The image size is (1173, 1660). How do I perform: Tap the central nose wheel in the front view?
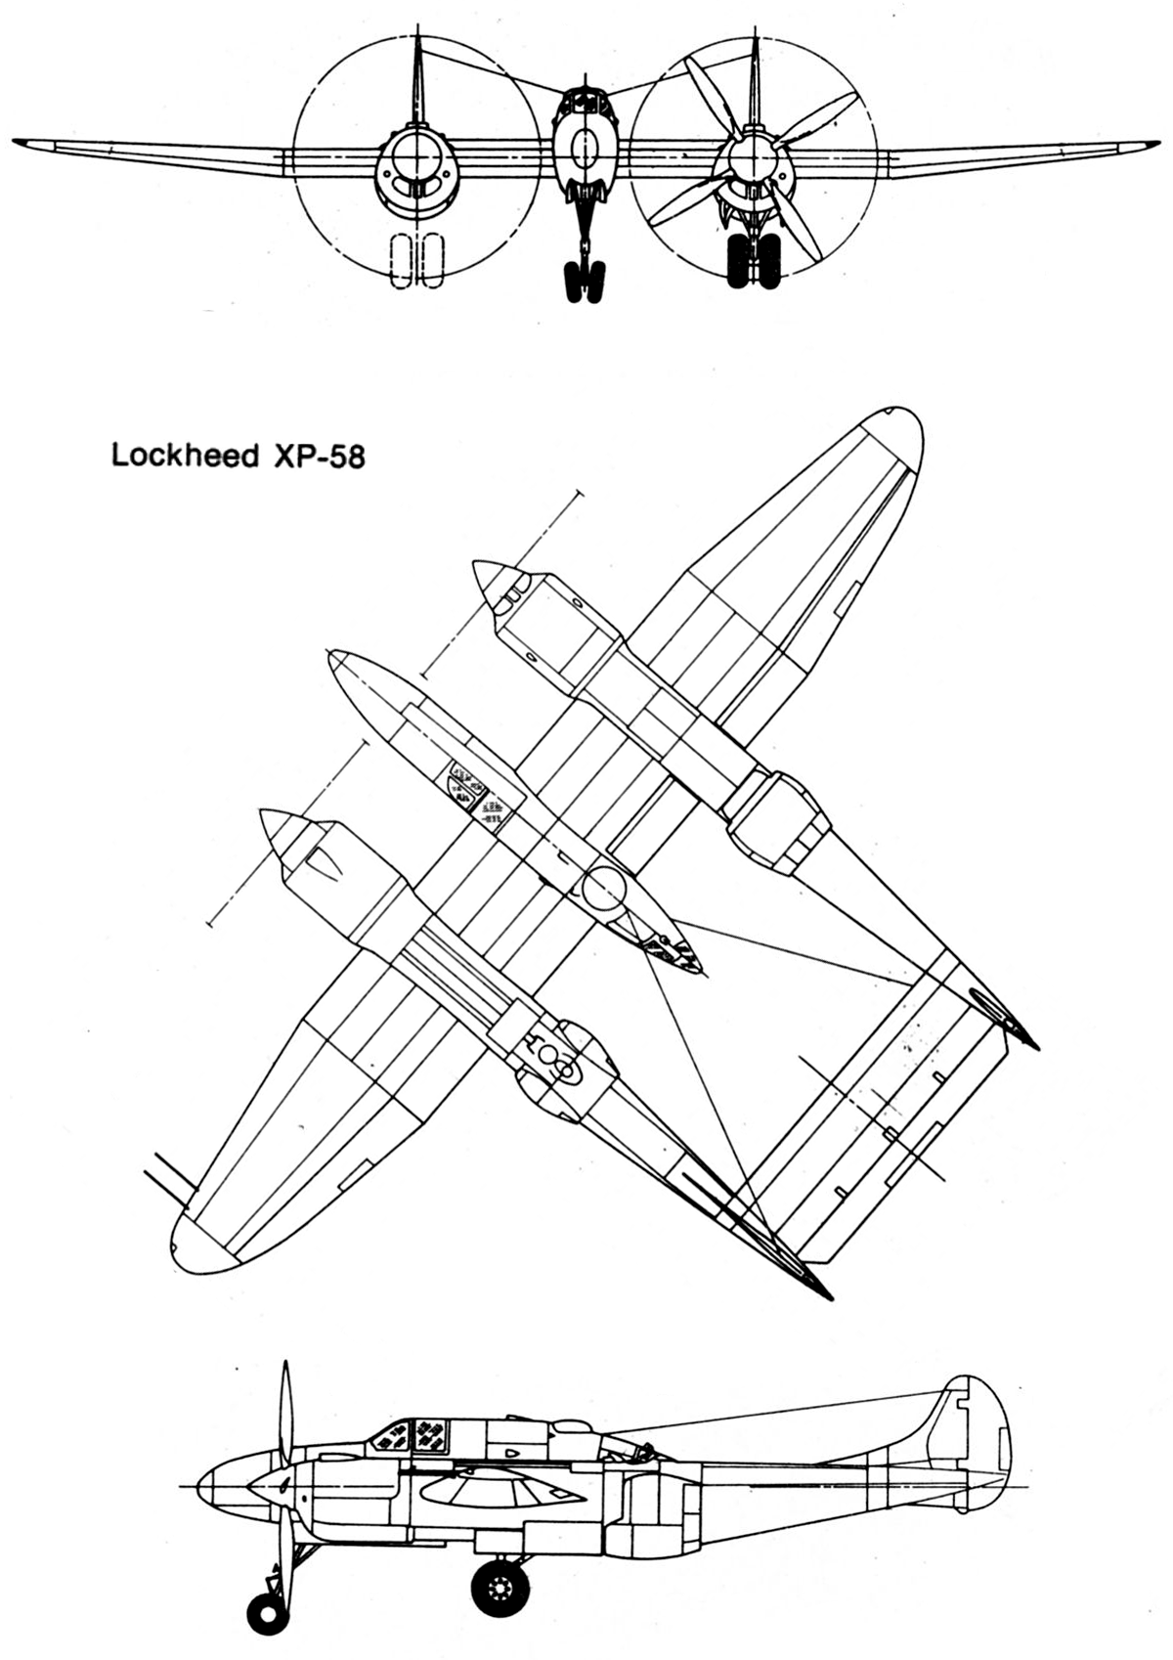584,281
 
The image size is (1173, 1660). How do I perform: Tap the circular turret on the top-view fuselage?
604,888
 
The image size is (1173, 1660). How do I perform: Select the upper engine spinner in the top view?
491,585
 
